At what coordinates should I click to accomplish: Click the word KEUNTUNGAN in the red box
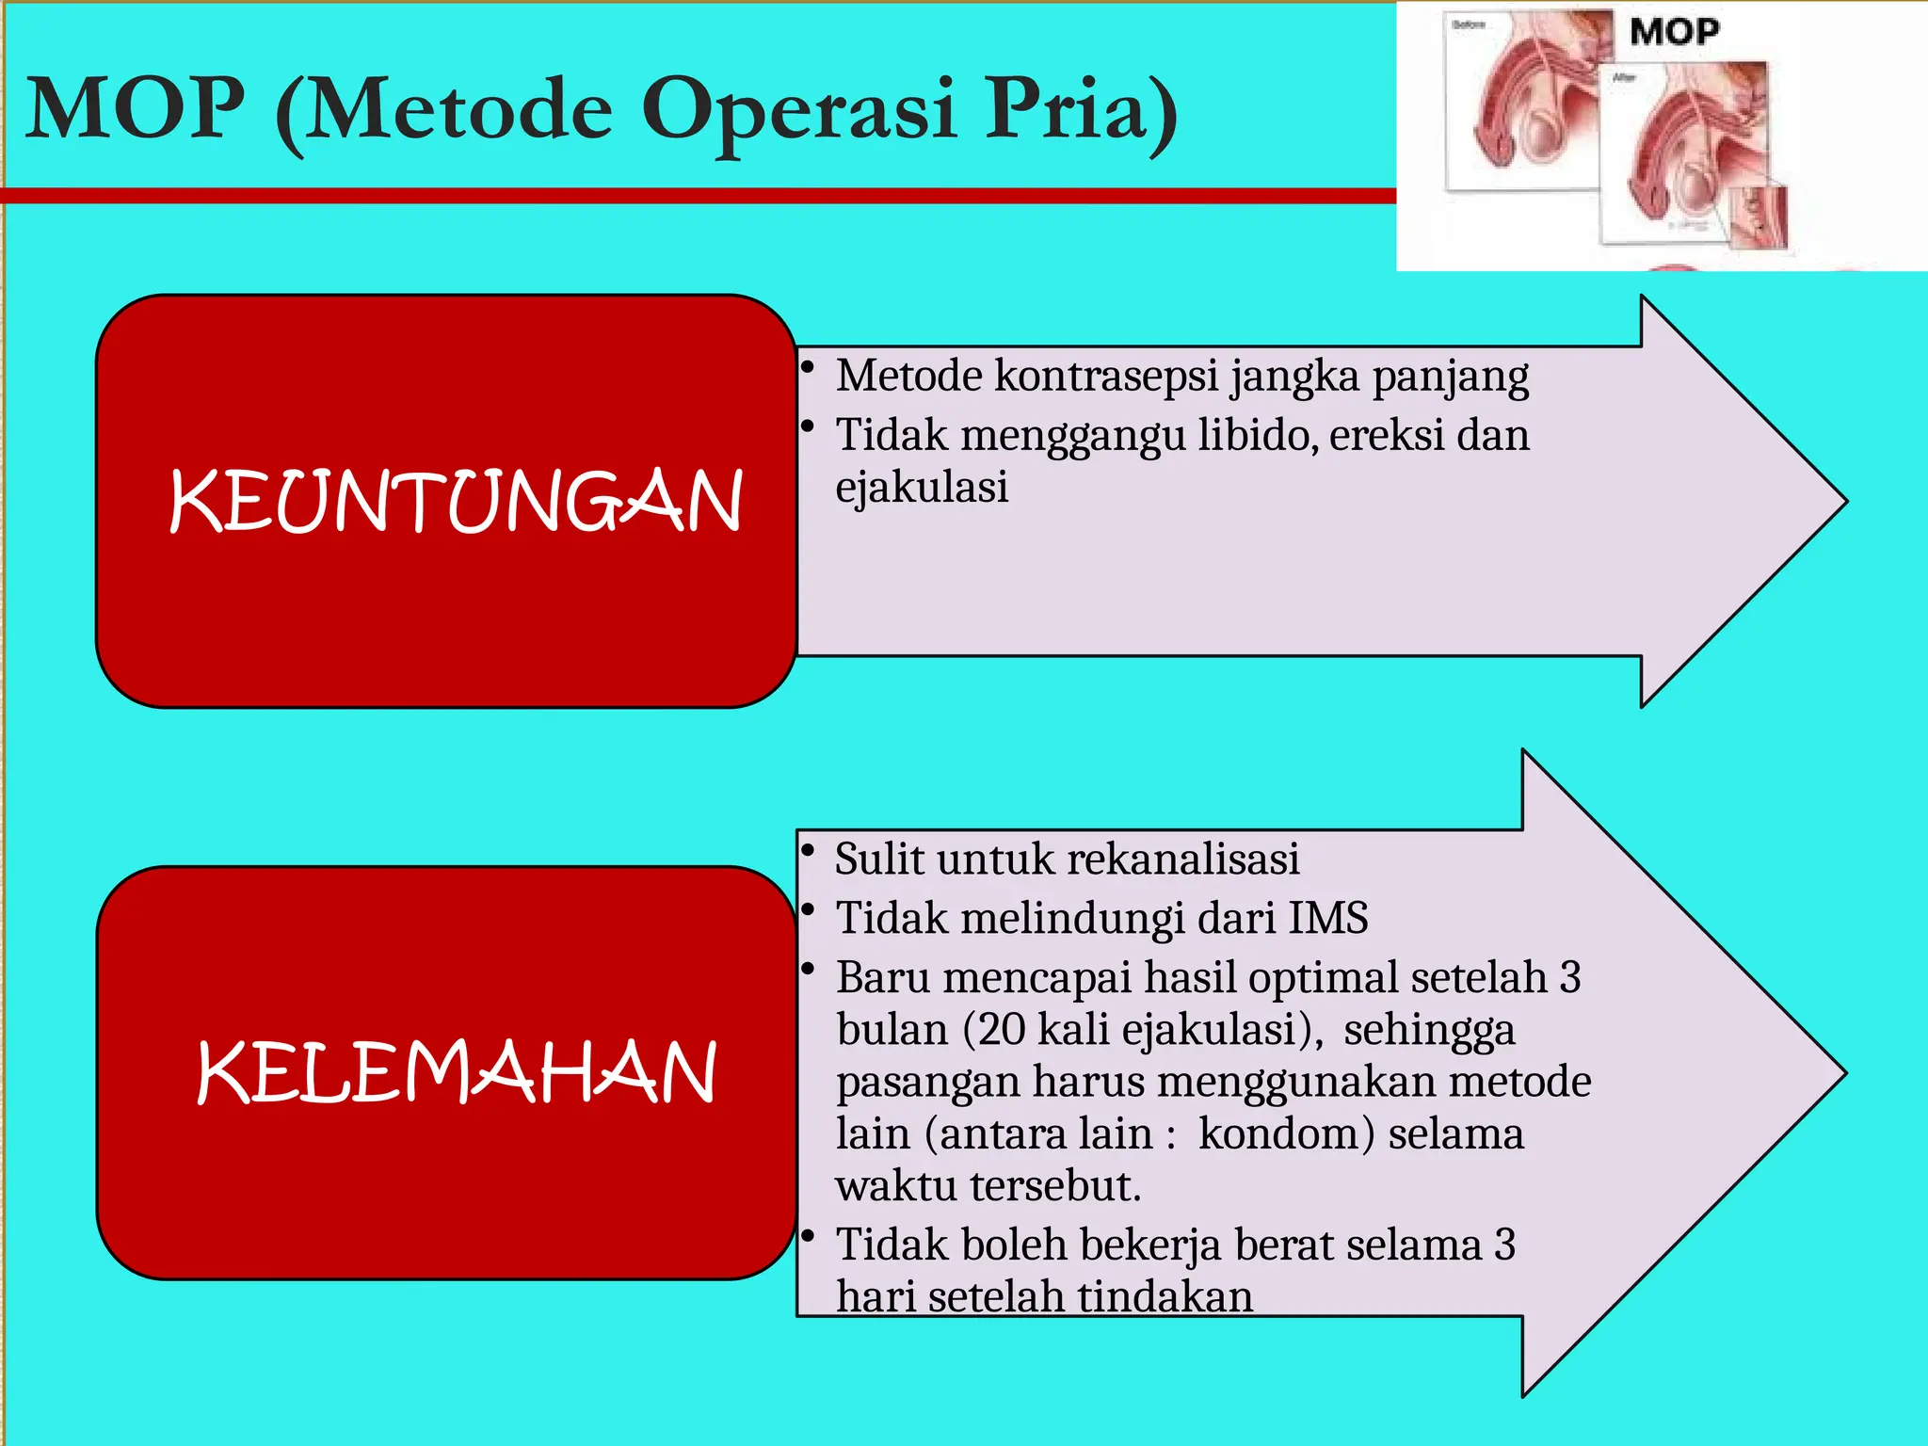(456, 501)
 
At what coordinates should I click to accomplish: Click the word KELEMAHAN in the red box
(456, 1072)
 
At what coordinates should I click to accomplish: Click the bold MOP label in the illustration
(1674, 32)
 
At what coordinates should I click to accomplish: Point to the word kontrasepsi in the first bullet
(1111, 376)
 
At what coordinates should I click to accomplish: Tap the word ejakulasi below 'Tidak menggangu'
(922, 488)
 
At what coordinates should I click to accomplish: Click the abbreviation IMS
(1327, 918)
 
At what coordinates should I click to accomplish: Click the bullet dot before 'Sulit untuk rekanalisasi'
(808, 850)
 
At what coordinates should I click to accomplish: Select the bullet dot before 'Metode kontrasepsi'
(808, 366)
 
